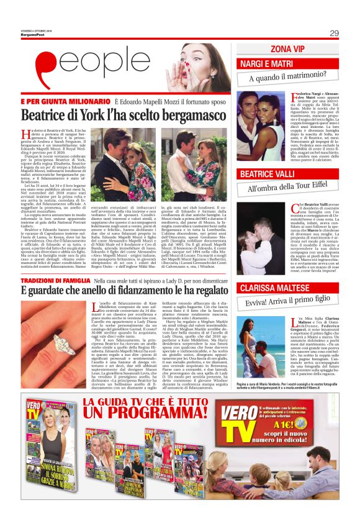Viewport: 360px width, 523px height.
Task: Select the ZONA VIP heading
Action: click(x=289, y=48)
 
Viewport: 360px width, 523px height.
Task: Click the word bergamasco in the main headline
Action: click(x=186, y=115)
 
